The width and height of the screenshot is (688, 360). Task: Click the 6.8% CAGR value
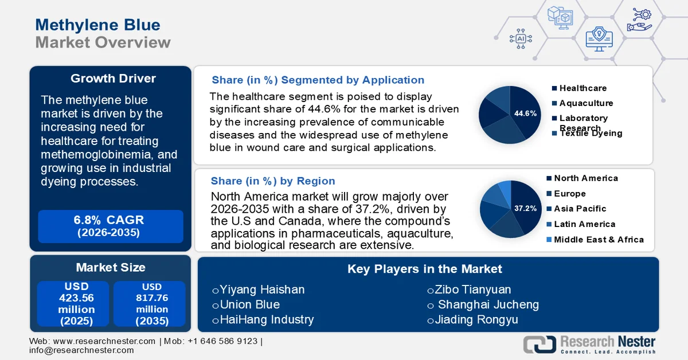pyautogui.click(x=109, y=220)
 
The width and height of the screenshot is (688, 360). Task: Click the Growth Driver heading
pyautogui.click(x=113, y=79)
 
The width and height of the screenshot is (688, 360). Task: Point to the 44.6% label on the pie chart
pyautogui.click(x=525, y=114)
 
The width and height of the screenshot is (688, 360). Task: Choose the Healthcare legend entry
pyautogui.click(x=583, y=88)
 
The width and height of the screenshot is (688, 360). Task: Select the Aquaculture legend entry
pyautogui.click(x=586, y=103)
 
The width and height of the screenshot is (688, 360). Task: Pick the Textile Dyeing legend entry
pyautogui.click(x=591, y=134)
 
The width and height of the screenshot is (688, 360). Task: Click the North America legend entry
pyautogui.click(x=585, y=178)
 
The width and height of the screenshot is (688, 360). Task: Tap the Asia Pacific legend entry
pyautogui.click(x=580, y=209)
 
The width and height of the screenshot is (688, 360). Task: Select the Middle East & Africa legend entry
pyautogui.click(x=599, y=240)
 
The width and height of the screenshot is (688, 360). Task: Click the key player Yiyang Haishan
pyautogui.click(x=262, y=290)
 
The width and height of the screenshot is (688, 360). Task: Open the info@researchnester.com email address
pyautogui.click(x=81, y=350)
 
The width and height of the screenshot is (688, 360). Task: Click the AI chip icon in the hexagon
pyautogui.click(x=521, y=39)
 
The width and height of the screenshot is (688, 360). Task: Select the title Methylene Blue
pyautogui.click(x=97, y=25)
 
